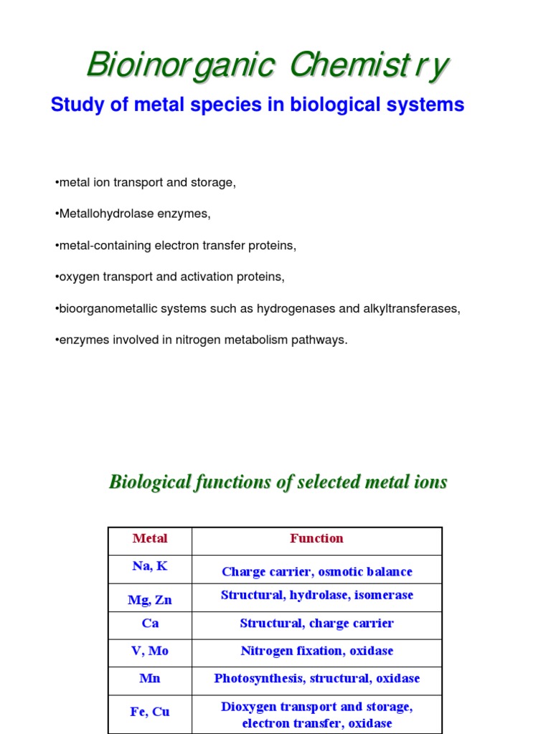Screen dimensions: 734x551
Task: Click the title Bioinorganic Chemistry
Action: click(268, 65)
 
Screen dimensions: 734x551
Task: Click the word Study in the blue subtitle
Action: click(73, 105)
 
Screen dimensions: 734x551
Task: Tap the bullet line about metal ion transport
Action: click(145, 183)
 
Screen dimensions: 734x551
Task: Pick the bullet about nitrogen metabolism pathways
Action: click(201, 340)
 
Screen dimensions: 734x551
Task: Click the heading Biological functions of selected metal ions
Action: click(278, 482)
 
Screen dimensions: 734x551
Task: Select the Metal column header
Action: click(150, 539)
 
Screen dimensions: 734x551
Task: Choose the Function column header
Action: click(316, 539)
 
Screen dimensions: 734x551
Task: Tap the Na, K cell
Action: click(150, 566)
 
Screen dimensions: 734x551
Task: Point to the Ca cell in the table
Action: click(150, 624)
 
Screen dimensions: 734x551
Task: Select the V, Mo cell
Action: click(150, 652)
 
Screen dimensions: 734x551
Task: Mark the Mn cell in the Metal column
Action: click(150, 679)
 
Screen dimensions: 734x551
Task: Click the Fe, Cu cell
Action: click(150, 712)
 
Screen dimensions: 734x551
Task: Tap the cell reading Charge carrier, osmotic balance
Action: click(316, 572)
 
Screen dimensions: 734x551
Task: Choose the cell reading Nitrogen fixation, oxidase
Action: click(316, 652)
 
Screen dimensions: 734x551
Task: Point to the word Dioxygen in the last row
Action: click(247, 707)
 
